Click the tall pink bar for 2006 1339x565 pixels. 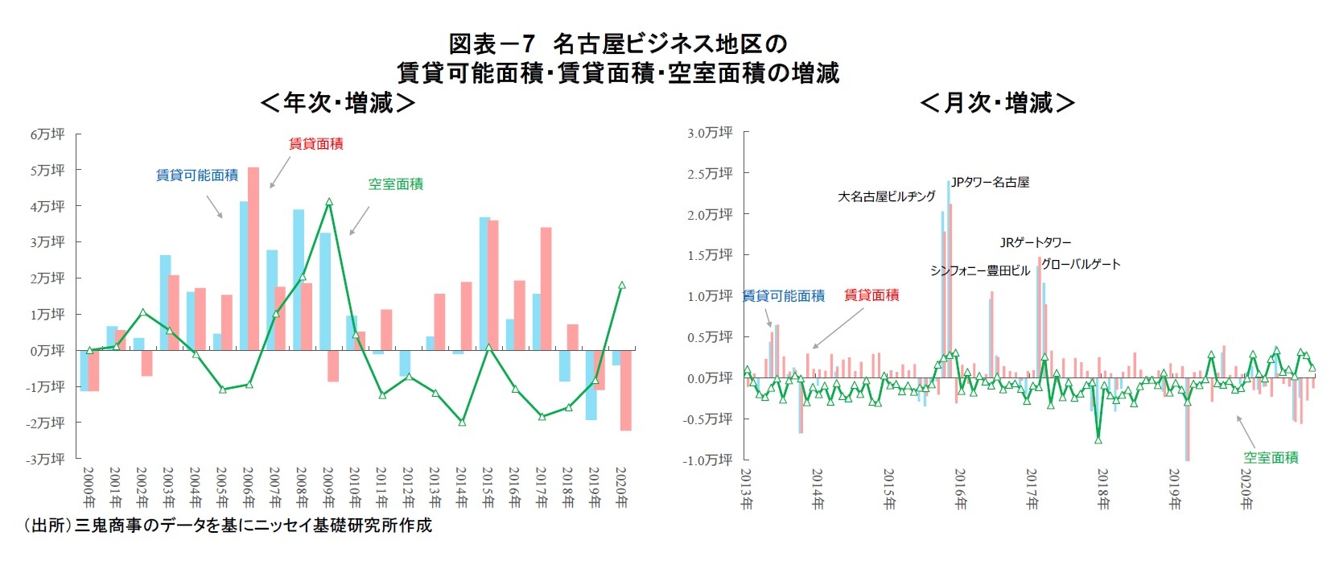pyautogui.click(x=253, y=258)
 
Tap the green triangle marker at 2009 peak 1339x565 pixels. pyautogui.click(x=329, y=202)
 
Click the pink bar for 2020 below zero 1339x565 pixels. pyautogui.click(x=625, y=390)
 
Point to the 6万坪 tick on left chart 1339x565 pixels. pyautogui.click(x=47, y=134)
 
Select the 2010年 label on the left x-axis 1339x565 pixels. pyautogui.click(x=355, y=487)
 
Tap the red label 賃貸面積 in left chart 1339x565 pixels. pyautogui.click(x=316, y=144)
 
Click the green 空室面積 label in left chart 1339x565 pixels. pyautogui.click(x=395, y=184)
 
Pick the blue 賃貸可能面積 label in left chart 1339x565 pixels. pyautogui.click(x=197, y=175)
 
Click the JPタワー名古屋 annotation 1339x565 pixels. pyautogui.click(x=990, y=183)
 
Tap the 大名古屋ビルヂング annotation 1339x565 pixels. pyautogui.click(x=887, y=196)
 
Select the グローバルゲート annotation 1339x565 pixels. pyautogui.click(x=1081, y=264)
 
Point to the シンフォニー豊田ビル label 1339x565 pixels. pyautogui.click(x=979, y=270)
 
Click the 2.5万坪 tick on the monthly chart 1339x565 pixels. pyautogui.click(x=709, y=173)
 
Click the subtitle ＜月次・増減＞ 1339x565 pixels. pyautogui.click(x=997, y=103)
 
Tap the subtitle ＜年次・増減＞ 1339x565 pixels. pyautogui.click(x=338, y=103)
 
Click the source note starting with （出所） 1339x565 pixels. pyautogui.click(x=227, y=526)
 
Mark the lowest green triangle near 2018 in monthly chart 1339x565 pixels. pyautogui.click(x=1098, y=439)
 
